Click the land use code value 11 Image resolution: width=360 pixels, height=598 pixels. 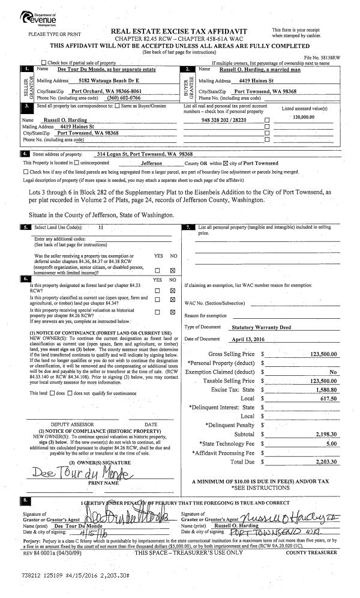tap(101, 228)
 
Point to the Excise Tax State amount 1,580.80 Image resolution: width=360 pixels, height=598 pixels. tap(327, 389)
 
